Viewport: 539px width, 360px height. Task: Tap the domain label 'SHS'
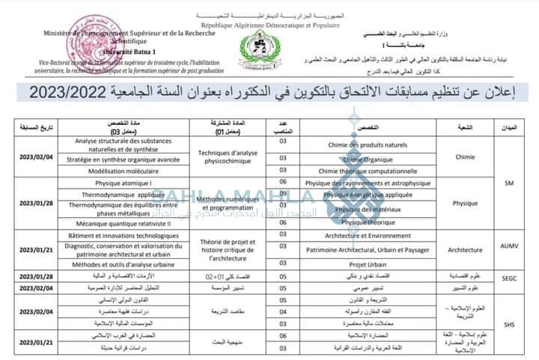(510, 324)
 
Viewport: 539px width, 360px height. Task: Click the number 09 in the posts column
(283, 193)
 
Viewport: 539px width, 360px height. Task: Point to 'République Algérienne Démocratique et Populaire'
(269, 25)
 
